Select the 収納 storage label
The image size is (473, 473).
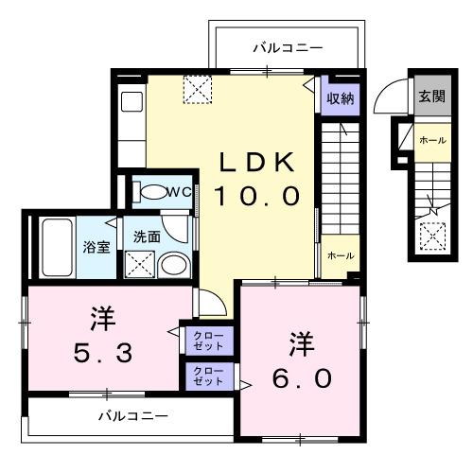[x=342, y=96]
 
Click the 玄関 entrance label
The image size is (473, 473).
[x=432, y=96]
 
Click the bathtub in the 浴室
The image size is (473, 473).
[x=58, y=245]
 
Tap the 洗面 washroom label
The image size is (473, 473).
[x=146, y=236]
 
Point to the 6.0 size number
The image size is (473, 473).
[x=301, y=378]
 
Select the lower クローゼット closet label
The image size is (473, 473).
[x=208, y=376]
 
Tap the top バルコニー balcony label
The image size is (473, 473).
[x=288, y=47]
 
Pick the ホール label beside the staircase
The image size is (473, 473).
[x=340, y=255]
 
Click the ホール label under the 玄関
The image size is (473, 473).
[x=432, y=140]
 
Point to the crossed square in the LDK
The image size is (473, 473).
[x=198, y=89]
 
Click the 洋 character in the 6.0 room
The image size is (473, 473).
[x=301, y=339]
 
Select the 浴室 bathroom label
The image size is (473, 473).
[x=96, y=249]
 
